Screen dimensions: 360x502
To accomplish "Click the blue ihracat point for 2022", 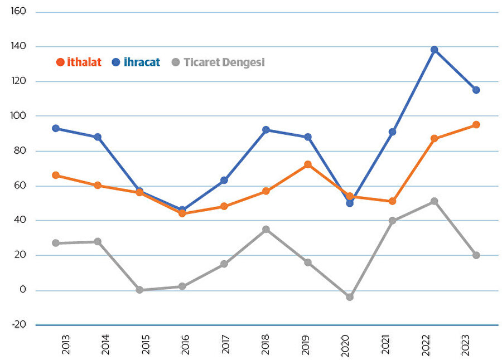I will tap(434, 50).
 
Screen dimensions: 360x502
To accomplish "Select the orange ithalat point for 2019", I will tap(308, 164).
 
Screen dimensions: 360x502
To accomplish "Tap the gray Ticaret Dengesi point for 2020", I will tap(350, 297).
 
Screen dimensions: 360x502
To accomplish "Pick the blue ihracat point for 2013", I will tap(56, 128).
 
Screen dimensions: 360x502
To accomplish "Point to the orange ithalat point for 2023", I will tap(476, 125).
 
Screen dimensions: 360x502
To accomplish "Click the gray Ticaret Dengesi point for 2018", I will tap(266, 229).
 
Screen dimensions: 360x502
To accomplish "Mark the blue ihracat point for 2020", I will tap(350, 203).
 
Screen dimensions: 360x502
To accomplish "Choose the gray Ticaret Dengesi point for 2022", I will tap(434, 201).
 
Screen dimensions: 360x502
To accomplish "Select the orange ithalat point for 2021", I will tap(392, 201).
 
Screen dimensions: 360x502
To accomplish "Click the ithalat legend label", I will tap(84, 62).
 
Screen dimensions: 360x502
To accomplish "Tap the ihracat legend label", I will tap(141, 62).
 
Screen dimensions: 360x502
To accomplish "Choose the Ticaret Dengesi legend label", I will tap(224, 62).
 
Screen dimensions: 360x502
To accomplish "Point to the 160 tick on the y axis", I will tap(18, 12).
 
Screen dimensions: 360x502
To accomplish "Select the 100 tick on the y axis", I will tap(18, 116).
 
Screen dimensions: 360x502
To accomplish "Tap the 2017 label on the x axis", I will tap(224, 346).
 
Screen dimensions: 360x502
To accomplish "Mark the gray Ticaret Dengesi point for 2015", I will tap(139, 290).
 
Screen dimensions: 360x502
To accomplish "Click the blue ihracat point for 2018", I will tap(266, 130).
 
